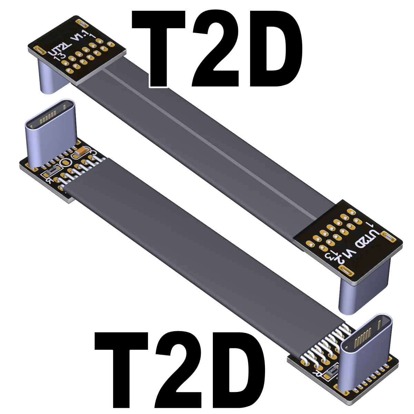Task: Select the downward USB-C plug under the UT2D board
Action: tap(352, 293)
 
